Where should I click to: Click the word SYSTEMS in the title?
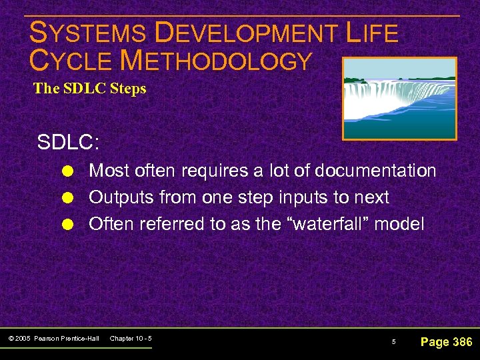pos(87,33)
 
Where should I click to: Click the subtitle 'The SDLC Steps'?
pos(89,89)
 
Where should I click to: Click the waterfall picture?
pos(399,98)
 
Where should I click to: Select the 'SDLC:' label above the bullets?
pos(68,143)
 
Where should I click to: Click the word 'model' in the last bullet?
pos(399,224)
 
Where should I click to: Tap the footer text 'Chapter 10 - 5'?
pos(131,339)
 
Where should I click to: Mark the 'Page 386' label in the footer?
pos(446,342)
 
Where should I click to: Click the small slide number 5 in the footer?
pos(393,342)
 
